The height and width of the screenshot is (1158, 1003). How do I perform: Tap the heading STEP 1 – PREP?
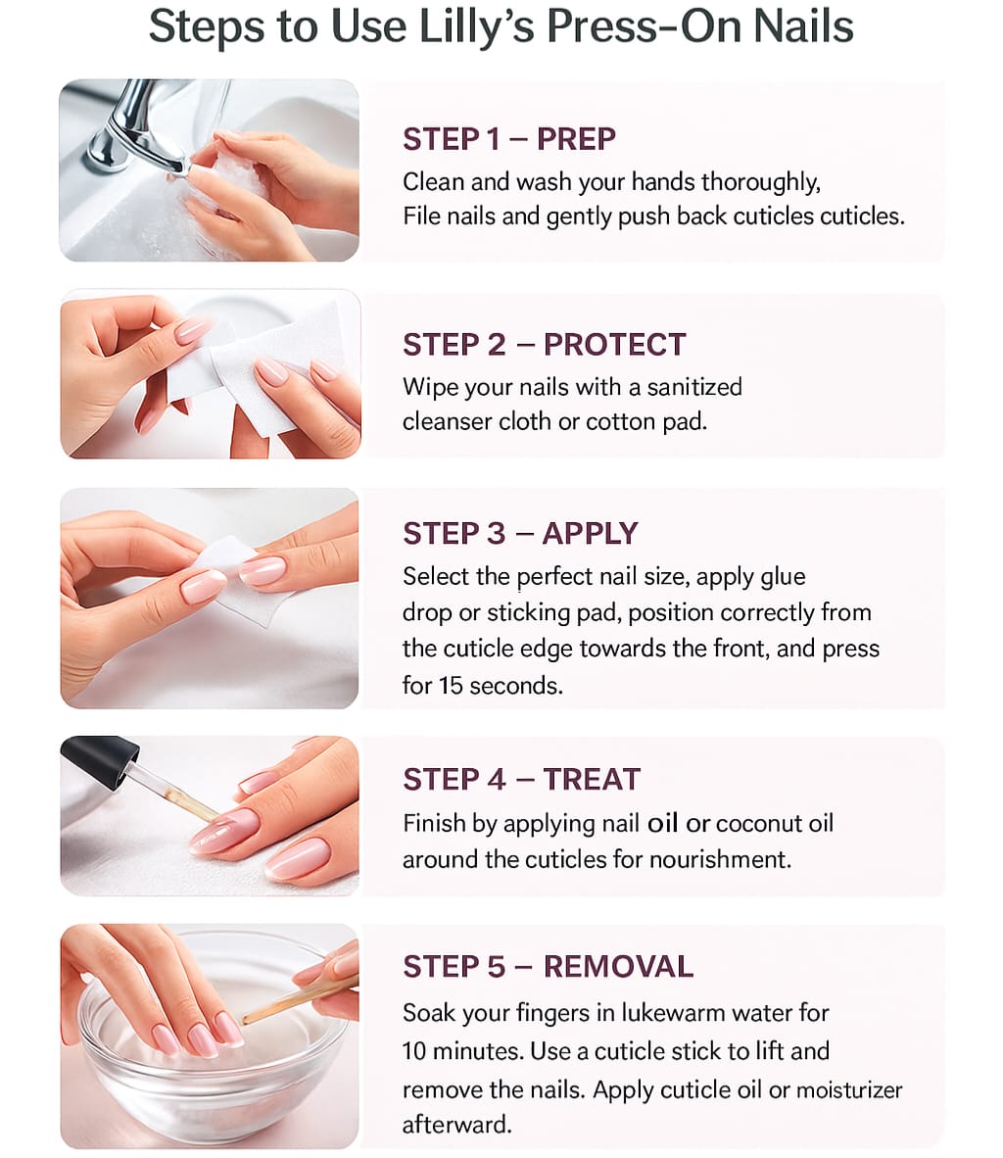pos(509,139)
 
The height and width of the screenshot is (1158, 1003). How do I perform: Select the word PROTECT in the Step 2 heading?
pos(614,345)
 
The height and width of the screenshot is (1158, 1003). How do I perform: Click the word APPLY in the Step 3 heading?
pos(590,533)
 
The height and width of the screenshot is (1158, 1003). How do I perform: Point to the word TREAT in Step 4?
pos(592,779)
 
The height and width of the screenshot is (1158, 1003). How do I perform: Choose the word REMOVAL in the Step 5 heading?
pos(618,967)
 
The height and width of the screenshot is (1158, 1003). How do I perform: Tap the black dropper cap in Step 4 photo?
pos(100,760)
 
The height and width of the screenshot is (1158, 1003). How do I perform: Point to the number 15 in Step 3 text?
pos(451,686)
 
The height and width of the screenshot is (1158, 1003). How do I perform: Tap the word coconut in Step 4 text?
pos(758,824)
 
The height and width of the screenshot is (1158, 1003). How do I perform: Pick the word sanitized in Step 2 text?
pos(694,387)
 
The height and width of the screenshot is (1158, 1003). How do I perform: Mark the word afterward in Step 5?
pos(456,1125)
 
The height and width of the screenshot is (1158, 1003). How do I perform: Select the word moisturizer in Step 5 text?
pos(849,1090)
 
